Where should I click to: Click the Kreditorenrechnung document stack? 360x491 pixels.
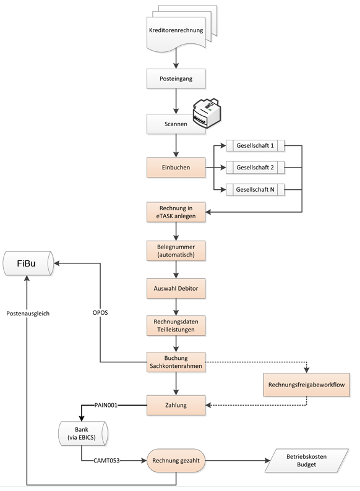[x=182, y=29]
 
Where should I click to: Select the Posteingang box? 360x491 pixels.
[x=176, y=79]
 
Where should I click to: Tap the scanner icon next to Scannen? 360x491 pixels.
[x=207, y=113]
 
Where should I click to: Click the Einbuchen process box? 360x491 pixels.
[x=176, y=168]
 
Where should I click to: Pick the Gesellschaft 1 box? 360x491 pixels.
[x=255, y=145]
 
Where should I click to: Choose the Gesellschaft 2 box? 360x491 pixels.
[x=255, y=168]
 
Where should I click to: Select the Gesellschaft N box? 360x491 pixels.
[x=255, y=189]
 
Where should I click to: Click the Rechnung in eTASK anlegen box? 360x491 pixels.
[x=176, y=212]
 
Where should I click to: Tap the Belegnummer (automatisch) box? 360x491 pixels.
[x=176, y=251]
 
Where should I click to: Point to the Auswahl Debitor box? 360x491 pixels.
[x=176, y=288]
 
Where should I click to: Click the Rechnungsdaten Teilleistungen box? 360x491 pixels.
[x=176, y=326]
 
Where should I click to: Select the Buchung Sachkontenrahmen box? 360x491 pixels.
[x=176, y=362]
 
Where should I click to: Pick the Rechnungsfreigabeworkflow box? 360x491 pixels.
[x=306, y=385]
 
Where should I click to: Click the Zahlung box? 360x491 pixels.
[x=176, y=405]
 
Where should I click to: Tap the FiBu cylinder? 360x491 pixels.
[x=28, y=263]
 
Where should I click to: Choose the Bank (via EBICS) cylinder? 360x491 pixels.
[x=83, y=433]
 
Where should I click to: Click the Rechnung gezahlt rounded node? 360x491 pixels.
[x=176, y=461]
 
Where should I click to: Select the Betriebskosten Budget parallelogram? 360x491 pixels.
[x=306, y=461]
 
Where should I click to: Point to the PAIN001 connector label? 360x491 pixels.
[x=106, y=405]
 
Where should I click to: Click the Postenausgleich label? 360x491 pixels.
[x=28, y=314]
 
